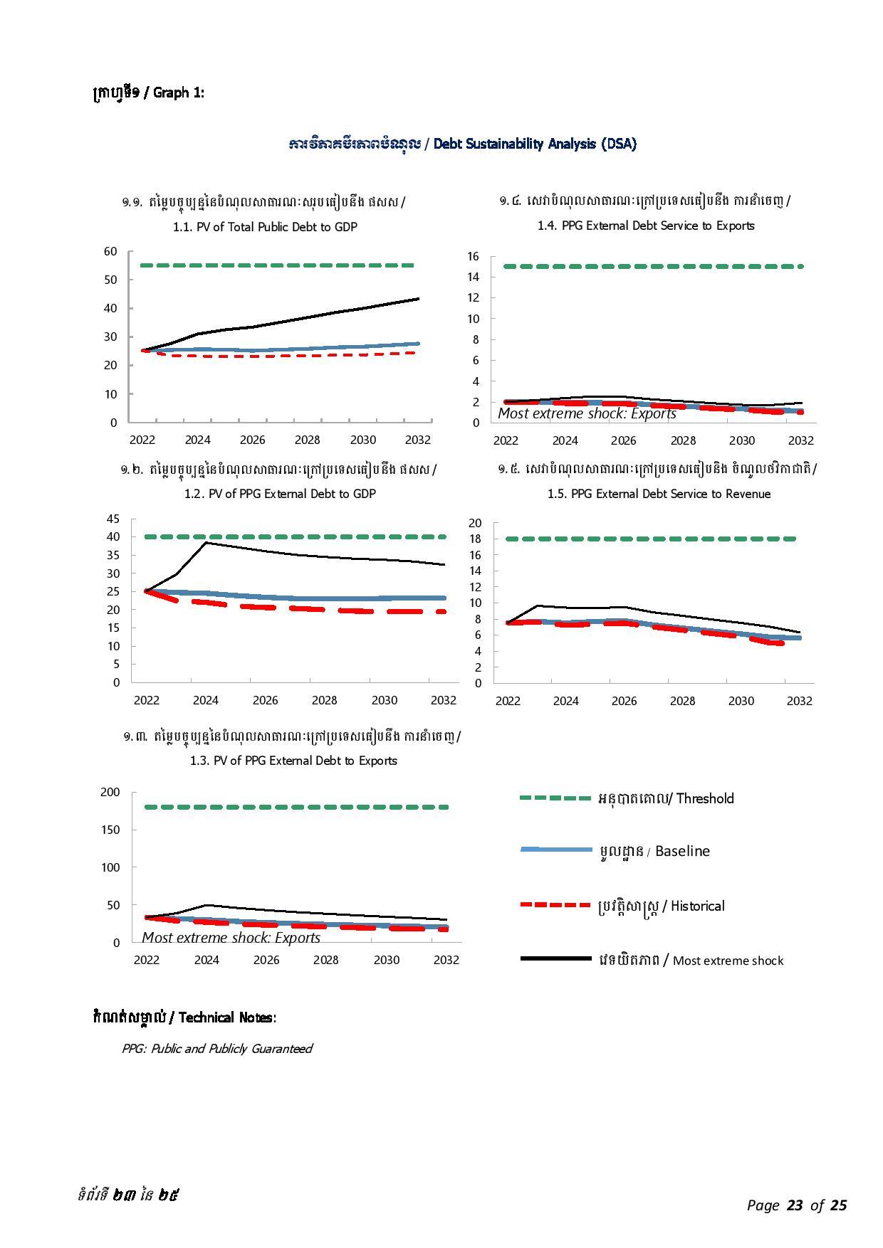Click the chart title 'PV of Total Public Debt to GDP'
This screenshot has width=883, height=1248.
tap(265, 227)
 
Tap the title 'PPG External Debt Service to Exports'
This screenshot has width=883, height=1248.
tap(646, 226)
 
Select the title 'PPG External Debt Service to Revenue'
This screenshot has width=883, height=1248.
tap(659, 494)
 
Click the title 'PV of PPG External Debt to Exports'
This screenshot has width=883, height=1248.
tap(293, 761)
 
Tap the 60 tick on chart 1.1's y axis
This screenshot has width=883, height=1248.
tap(110, 251)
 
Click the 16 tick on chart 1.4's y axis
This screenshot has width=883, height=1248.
tap(473, 256)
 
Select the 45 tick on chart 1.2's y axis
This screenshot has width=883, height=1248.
tap(113, 519)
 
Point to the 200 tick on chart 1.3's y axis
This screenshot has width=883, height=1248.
tap(110, 792)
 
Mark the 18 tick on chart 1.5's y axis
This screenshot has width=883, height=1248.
tap(475, 539)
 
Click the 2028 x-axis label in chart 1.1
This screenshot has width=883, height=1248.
tap(308, 440)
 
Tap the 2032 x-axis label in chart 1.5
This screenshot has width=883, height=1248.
tap(799, 701)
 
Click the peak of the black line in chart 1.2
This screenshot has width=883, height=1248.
tap(206, 543)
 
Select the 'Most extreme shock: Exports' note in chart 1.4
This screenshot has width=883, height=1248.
tap(587, 413)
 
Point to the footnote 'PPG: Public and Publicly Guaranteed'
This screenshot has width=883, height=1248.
tap(216, 1048)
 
